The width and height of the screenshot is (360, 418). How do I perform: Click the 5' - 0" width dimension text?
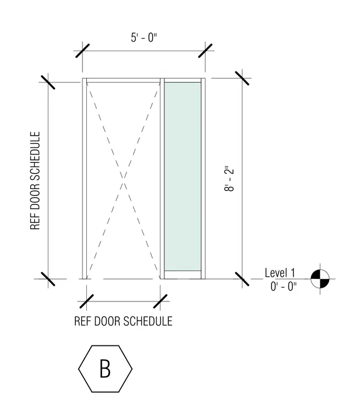pos(144,37)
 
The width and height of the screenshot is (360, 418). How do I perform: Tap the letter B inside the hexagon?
pos(105,369)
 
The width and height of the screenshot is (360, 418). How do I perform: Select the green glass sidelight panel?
pos(182,177)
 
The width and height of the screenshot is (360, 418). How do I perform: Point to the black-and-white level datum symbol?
pos(320,279)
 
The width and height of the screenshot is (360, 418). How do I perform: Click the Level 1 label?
pos(280,273)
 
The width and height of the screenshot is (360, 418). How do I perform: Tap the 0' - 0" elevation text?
pos(283,287)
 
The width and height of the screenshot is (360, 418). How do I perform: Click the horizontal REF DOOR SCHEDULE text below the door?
pos(123,321)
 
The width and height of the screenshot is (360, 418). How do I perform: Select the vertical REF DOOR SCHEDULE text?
pos(35,180)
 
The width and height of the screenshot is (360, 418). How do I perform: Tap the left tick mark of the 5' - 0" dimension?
pos(82,51)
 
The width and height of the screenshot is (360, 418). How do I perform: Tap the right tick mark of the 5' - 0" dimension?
pos(205,51)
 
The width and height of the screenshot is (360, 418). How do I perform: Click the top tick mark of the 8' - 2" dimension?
pos(242,78)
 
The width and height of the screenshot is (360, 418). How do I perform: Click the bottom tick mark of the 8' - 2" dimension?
pos(242,279)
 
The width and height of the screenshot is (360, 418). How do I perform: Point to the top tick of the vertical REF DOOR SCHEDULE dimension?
pos(48,82)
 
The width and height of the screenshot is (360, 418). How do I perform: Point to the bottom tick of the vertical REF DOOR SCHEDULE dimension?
pos(48,279)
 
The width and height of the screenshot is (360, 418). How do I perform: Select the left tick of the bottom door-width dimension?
pos(87,301)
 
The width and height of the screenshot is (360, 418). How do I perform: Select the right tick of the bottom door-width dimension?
pos(160,301)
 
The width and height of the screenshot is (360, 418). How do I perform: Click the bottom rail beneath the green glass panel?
pos(182,275)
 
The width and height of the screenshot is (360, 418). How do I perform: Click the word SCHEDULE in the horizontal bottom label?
pos(148,321)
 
